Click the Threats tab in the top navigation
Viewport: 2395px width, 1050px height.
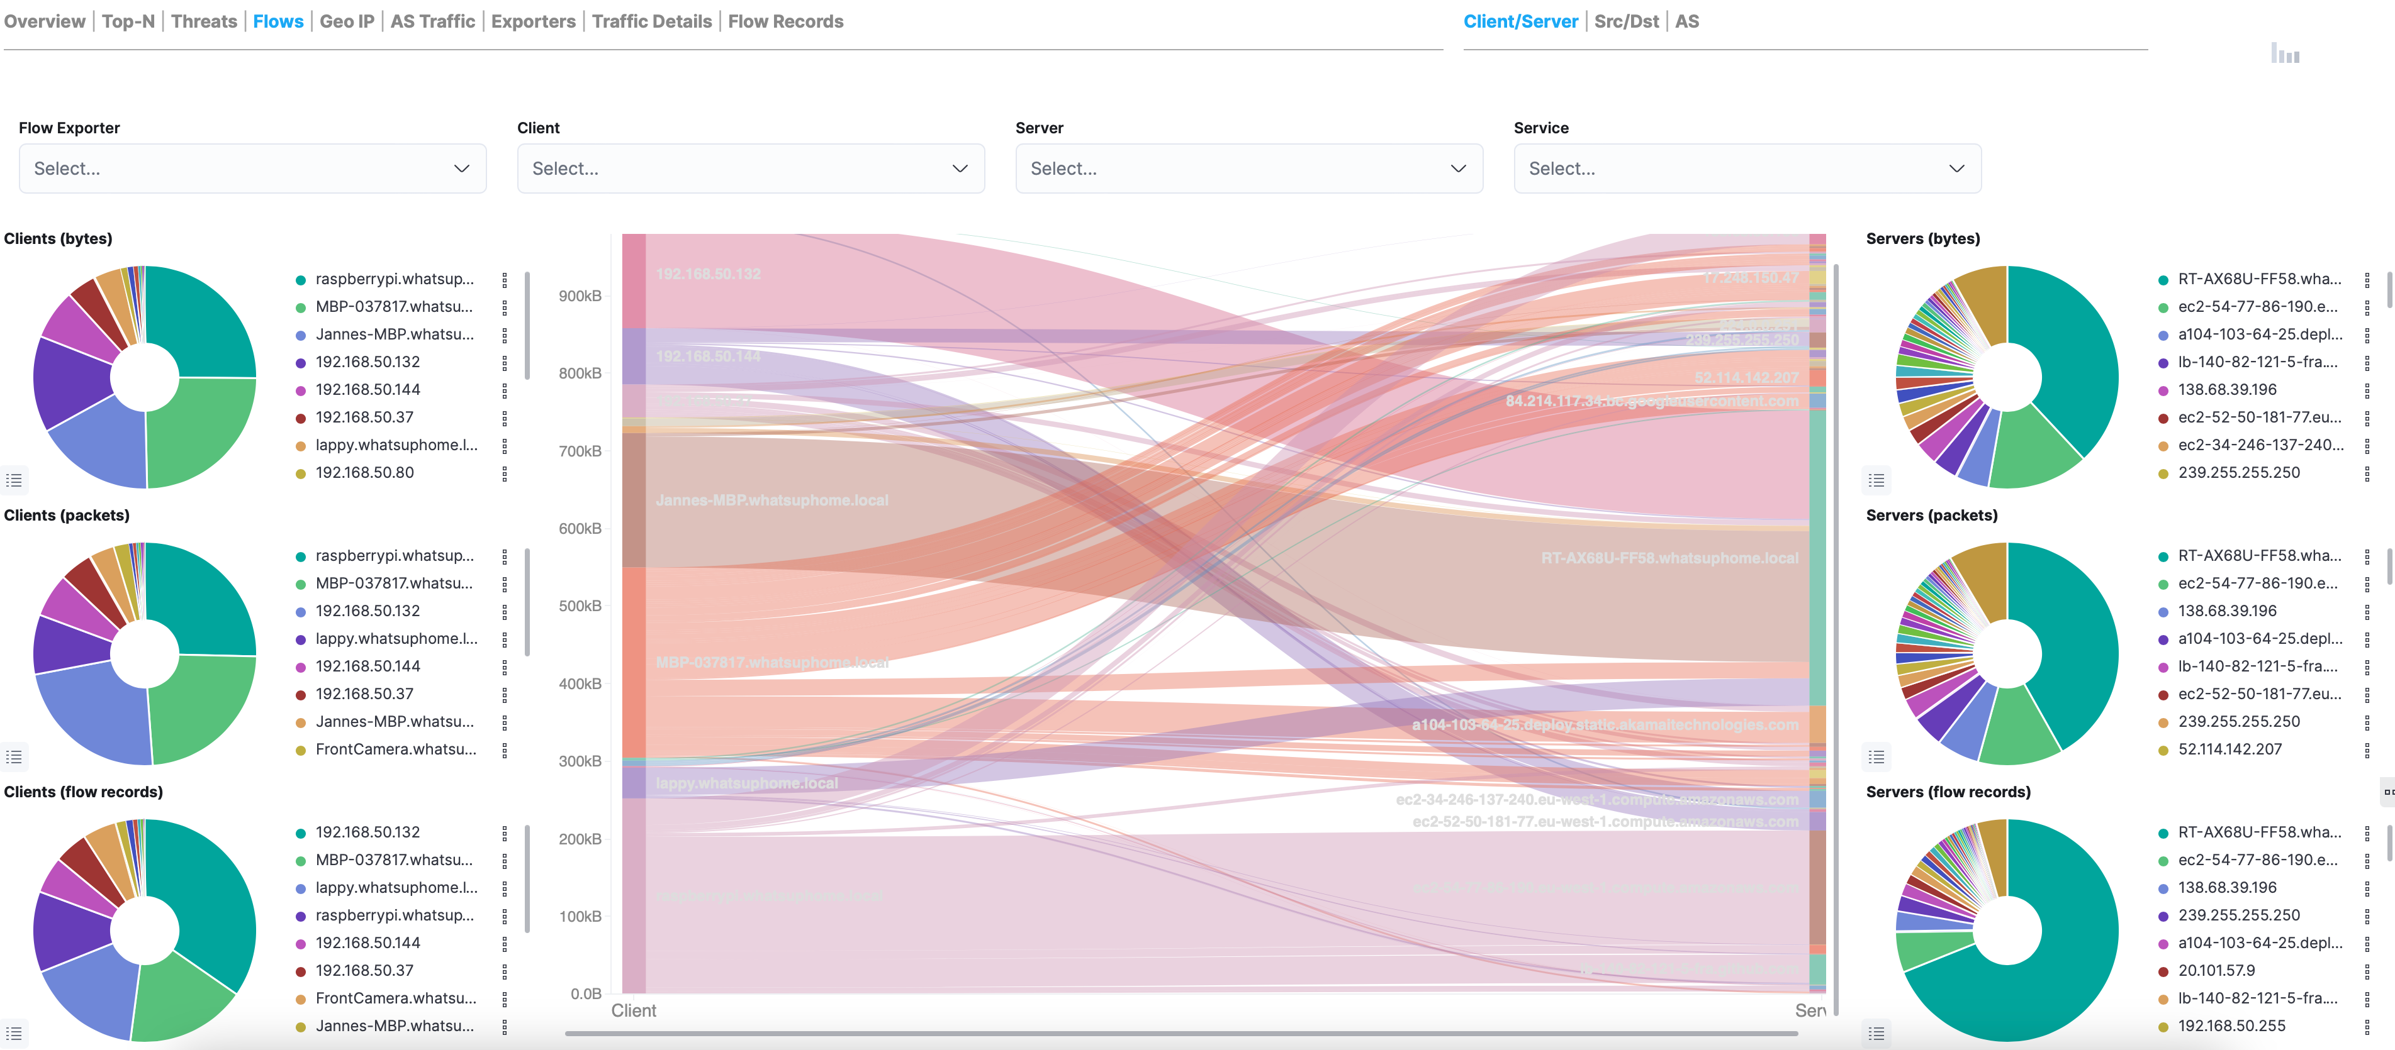[x=204, y=21]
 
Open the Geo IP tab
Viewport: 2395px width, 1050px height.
[x=347, y=21]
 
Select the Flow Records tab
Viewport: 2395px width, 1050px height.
[x=785, y=21]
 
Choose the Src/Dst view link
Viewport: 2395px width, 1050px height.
[x=1625, y=21]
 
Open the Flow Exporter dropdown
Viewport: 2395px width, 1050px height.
[x=252, y=168]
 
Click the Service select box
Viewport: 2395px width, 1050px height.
[x=1746, y=168]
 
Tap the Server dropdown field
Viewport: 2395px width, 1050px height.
[x=1248, y=168]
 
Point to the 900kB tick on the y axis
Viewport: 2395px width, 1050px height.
[x=579, y=296]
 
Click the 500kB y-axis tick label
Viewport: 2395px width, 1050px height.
[x=579, y=606]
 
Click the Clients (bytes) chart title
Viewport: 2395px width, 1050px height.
[x=58, y=239]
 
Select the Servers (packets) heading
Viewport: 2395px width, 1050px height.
[x=1931, y=516]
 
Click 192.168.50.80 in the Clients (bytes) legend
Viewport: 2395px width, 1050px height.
[x=364, y=473]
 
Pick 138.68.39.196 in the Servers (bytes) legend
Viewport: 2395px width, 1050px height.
[x=2227, y=389]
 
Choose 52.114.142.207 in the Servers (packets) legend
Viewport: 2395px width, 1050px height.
[x=2230, y=749]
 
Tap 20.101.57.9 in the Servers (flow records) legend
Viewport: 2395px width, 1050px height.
[x=2216, y=970]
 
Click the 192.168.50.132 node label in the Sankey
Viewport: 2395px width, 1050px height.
[x=707, y=274]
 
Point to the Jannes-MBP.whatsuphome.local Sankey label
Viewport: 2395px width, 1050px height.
[x=771, y=500]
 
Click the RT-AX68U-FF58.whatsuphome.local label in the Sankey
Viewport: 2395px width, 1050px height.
[x=1669, y=558]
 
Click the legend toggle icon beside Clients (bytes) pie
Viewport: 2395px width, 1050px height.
[x=14, y=480]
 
